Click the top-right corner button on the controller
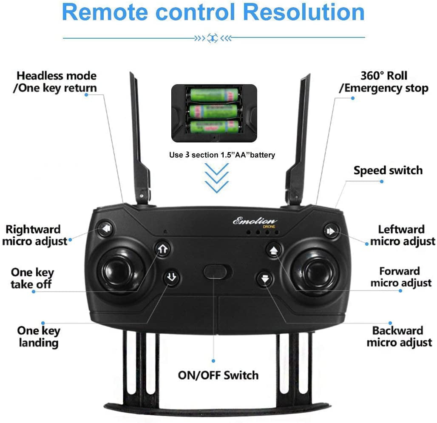click(x=331, y=231)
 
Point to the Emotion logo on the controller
click(x=255, y=221)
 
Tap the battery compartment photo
click(x=214, y=113)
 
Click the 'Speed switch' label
click(x=388, y=170)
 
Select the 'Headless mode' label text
click(x=57, y=76)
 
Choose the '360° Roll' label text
click(x=383, y=76)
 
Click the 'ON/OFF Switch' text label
click(x=218, y=375)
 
